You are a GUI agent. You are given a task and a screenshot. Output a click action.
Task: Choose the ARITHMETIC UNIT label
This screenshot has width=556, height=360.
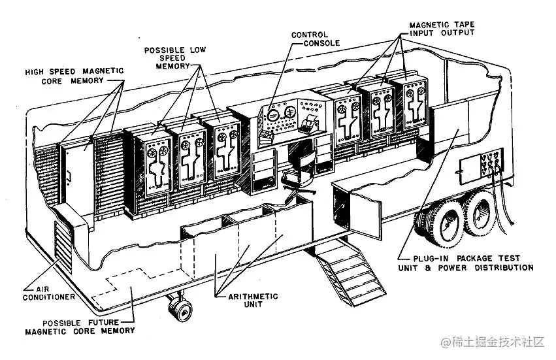(253, 301)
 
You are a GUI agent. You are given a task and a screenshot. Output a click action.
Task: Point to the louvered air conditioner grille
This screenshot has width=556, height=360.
(61, 248)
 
